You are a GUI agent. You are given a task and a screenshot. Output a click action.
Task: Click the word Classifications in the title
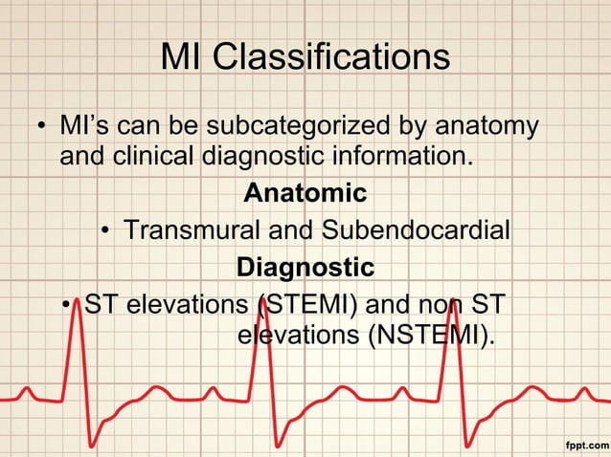331,56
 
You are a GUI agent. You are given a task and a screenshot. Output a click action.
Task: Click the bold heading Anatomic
305,193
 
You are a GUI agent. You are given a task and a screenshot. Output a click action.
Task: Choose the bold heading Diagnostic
305,265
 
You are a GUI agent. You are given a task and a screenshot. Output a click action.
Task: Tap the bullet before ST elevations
64,308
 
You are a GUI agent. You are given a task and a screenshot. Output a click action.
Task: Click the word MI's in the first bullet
82,125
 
